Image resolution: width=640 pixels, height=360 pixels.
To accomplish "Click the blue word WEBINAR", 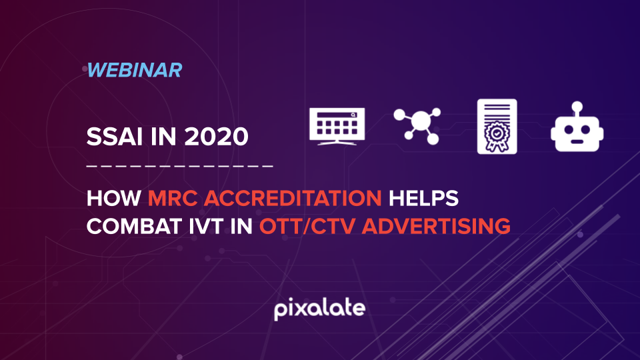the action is (x=134, y=70).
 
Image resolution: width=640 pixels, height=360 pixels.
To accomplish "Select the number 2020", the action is (x=216, y=136).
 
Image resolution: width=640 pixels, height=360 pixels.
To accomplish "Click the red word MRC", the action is (x=173, y=199).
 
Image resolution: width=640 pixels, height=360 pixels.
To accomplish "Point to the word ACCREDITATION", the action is (x=293, y=199).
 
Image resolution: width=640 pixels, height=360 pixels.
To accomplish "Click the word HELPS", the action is (x=423, y=199).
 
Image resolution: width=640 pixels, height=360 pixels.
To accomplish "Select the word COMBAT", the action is (x=134, y=226).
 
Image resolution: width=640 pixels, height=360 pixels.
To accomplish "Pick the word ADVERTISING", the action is (x=436, y=226).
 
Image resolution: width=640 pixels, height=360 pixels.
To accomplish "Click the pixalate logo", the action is (x=319, y=309).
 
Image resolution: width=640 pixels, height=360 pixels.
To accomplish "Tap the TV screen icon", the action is (x=337, y=126).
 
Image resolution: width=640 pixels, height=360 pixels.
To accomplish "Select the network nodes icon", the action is (x=417, y=126).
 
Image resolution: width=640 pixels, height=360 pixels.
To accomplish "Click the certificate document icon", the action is (x=497, y=127).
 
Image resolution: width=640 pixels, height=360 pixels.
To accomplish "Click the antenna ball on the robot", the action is (x=577, y=107).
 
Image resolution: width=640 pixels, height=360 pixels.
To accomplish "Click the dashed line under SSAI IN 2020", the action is (x=179, y=166).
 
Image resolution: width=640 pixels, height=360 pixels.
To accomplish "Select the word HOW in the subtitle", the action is (x=113, y=199).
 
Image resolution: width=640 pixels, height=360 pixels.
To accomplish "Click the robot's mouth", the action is (x=577, y=141).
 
